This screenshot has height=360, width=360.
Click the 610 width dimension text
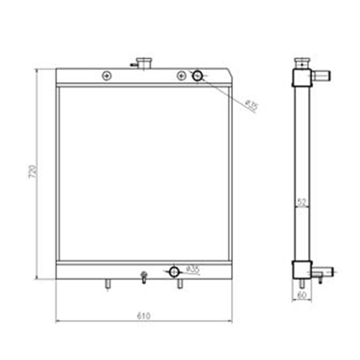click(144, 316)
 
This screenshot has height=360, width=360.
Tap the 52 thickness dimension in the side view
click(302, 202)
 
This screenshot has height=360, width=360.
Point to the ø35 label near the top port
click(252, 106)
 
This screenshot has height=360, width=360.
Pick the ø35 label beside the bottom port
click(193, 270)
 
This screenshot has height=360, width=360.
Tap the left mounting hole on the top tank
click(106, 76)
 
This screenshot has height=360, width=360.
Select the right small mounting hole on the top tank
click(181, 76)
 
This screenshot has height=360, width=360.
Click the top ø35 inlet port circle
click(198, 76)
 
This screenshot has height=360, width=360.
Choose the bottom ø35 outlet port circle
click(174, 271)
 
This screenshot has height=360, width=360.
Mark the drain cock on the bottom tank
click(144, 276)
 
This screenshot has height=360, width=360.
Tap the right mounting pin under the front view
click(180, 284)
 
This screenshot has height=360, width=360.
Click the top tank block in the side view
click(301, 77)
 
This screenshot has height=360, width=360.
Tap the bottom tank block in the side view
click(301, 270)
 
